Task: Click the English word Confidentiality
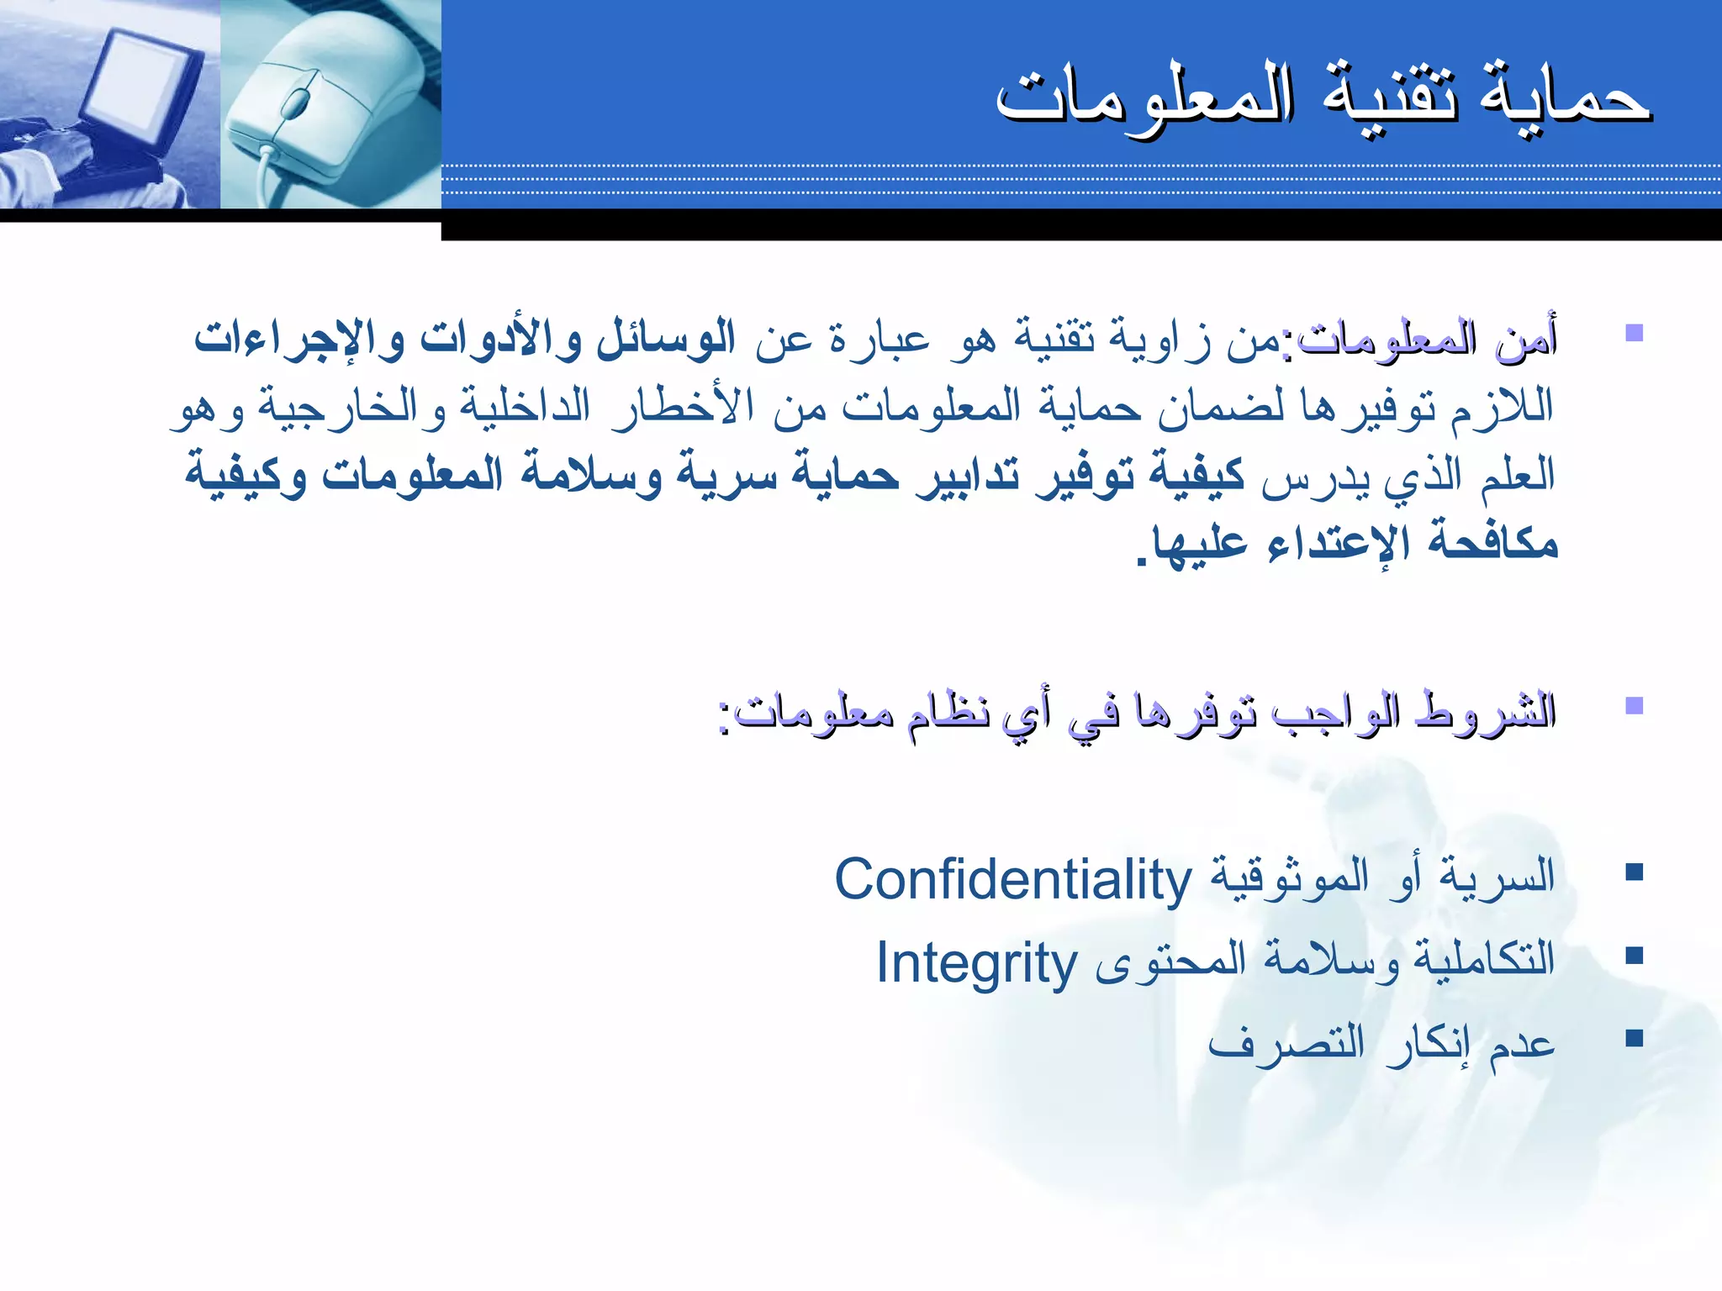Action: [1012, 880]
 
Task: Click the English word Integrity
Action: [977, 963]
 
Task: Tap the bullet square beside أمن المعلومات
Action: [1634, 333]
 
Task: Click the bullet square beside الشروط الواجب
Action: [1634, 705]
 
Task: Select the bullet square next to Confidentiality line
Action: [1634, 872]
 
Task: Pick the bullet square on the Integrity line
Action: [1634, 956]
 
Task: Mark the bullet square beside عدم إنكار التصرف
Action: [1634, 1039]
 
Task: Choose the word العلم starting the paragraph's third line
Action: [1519, 476]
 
